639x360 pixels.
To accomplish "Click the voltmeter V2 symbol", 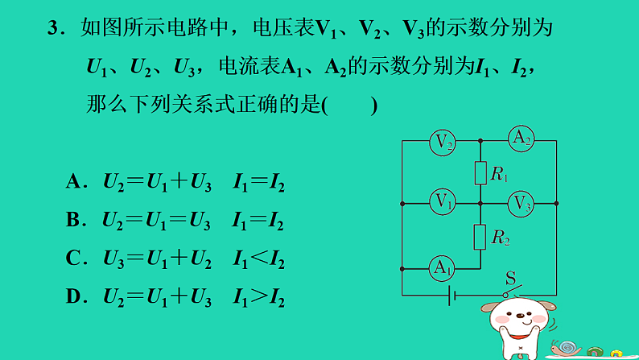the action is [442, 143].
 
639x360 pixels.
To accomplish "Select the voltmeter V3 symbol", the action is [522, 202].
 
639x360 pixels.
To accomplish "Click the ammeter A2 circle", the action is [521, 139].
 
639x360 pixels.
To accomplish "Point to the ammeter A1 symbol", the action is [440, 267].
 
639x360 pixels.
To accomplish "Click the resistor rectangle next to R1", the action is [480, 172].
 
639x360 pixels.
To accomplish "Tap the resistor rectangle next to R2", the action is [480, 236].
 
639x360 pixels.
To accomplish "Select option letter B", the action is [72, 221].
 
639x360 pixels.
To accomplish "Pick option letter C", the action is [72, 259].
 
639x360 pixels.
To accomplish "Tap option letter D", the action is [72, 298].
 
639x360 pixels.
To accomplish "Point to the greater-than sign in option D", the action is [258, 298].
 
